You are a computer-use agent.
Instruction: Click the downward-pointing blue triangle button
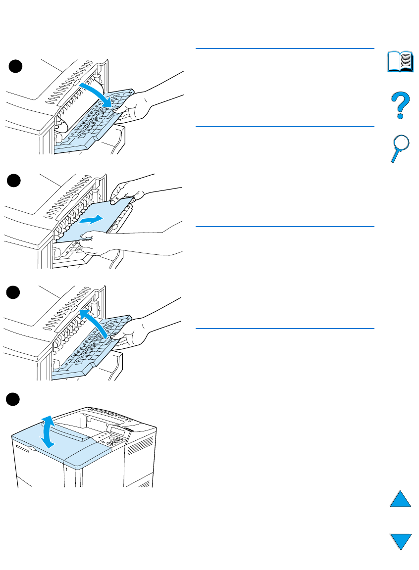pos(401,541)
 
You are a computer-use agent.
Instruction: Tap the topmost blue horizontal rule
pos(285,48)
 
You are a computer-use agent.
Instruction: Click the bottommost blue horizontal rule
pos(285,328)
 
